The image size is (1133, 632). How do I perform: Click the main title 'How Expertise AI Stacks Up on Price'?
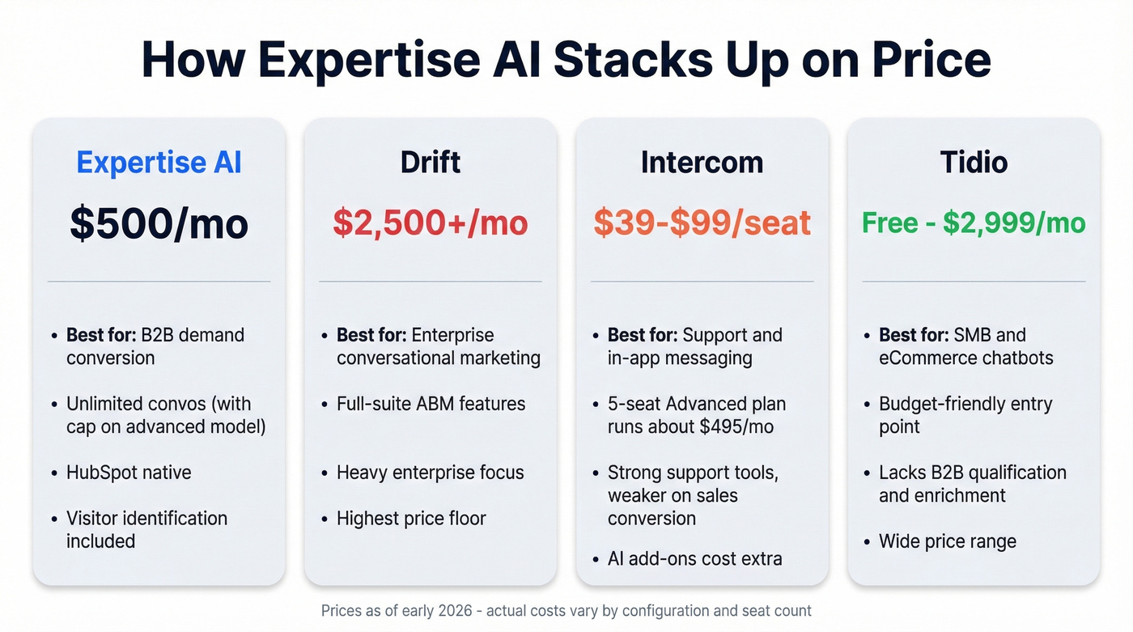566,59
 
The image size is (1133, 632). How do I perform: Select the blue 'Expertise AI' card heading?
159,162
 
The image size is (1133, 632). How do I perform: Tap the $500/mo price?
159,223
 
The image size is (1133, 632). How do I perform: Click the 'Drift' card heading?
431,162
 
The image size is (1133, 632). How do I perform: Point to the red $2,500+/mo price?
431,223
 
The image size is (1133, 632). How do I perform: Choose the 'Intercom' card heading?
702,162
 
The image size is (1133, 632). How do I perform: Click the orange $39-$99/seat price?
702,223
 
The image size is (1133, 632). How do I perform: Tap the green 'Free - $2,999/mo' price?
974,223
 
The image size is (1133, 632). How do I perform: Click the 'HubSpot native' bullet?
129,473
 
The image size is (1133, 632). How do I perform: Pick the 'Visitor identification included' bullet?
146,529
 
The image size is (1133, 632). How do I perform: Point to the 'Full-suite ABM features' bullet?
431,404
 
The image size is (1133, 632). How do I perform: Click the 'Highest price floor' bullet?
411,519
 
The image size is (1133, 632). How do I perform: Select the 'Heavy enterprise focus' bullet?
430,473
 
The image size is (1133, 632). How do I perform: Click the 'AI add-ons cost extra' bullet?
694,558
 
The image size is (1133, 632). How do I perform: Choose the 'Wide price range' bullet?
947,541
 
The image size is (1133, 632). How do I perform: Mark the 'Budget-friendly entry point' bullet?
965,414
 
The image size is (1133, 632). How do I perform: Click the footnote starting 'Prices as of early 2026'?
566,611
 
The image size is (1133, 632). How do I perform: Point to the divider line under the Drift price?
431,282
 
